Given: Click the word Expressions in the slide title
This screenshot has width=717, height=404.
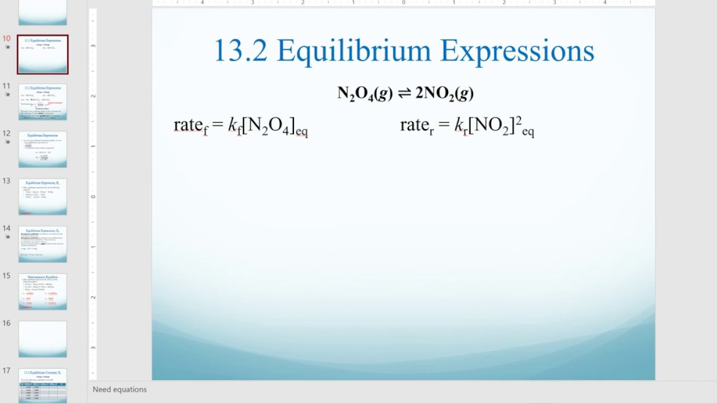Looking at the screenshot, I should [517, 52].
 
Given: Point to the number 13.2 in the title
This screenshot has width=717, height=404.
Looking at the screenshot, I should [241, 50].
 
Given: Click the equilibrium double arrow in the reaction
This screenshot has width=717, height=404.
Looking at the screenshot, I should [404, 93].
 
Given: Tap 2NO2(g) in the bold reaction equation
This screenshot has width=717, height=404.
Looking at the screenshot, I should [444, 94].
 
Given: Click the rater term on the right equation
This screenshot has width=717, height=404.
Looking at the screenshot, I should [417, 125].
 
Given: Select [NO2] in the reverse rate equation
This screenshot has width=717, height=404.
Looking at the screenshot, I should [491, 126].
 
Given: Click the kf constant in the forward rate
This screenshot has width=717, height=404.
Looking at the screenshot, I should [234, 125].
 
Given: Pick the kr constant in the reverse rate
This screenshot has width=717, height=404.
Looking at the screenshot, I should [460, 125].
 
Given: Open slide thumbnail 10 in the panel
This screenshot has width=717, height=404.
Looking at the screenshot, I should [43, 54].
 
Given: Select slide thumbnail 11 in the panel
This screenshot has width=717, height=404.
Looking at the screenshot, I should [43, 102].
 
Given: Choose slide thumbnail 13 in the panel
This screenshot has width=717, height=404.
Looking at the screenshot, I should [43, 196].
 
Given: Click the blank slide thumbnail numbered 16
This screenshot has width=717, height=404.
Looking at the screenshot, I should [43, 339].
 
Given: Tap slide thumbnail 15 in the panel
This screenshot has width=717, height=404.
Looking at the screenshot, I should [43, 291].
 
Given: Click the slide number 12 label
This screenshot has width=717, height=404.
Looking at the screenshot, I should [7, 134].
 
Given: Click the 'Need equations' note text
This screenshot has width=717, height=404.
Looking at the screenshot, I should [120, 389].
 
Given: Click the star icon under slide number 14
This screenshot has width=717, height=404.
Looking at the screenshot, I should [7, 237].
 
